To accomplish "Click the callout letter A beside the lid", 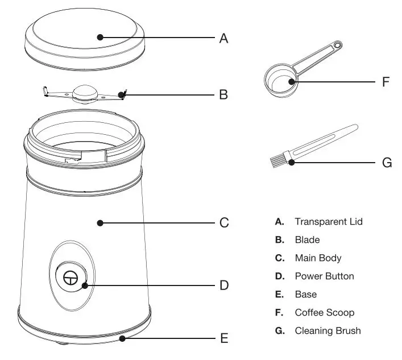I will [x=223, y=38].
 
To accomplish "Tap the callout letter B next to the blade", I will [x=223, y=94].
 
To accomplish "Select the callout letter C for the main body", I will [x=224, y=223].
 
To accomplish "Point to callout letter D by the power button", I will [x=224, y=284].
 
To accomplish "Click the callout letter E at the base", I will [x=224, y=339].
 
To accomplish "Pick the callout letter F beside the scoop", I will [x=385, y=82].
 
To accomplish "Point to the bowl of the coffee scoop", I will [x=281, y=81].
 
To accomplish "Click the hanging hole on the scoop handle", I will [x=338, y=45].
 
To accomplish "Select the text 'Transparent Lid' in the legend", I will [x=328, y=221].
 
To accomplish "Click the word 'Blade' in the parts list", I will [x=307, y=239].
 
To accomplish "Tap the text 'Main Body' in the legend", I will [x=318, y=258].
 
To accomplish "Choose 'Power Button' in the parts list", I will [x=324, y=276].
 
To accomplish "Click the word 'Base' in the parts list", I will [x=305, y=294].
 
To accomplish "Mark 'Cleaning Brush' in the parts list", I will [x=328, y=330].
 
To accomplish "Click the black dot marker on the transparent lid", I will [x=100, y=38].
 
